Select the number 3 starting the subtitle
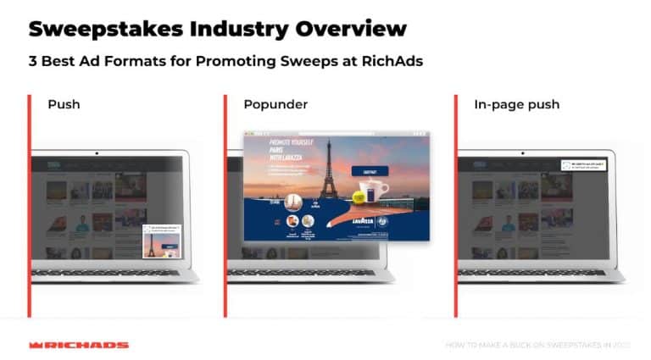(x=33, y=61)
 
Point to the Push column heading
(x=64, y=105)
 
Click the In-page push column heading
(x=517, y=105)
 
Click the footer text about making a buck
(x=537, y=345)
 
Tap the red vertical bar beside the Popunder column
(x=226, y=203)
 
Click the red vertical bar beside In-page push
(x=455, y=203)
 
